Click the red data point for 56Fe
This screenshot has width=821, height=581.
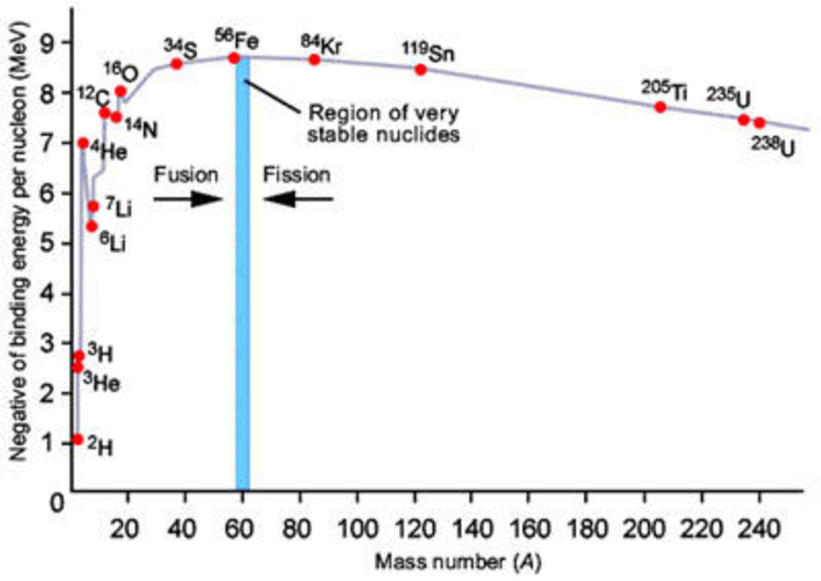coord(234,58)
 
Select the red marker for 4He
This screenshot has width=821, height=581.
coord(83,143)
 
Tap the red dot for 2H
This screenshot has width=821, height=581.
coord(78,440)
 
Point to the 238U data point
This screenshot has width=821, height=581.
coord(759,123)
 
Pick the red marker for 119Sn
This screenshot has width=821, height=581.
coord(420,70)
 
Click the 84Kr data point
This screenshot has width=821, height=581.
coord(314,59)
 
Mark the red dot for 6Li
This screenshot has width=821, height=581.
coord(92,226)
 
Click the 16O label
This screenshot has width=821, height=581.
coord(120,72)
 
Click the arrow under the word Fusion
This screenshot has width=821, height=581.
coord(188,199)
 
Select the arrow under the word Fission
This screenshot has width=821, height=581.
coord(298,199)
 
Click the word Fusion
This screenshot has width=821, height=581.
coord(186,174)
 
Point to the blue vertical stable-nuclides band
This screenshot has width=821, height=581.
coord(242,285)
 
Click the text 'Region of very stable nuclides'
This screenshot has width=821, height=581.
coord(383,123)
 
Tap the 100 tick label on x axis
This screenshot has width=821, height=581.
coord(357,530)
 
